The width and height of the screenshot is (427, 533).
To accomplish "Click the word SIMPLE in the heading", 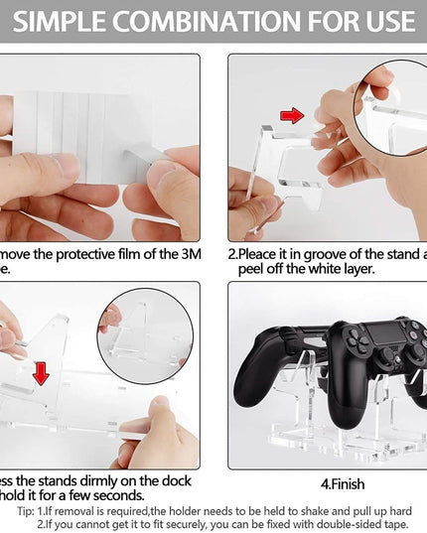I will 62,20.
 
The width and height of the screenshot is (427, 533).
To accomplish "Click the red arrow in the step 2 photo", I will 292,115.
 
